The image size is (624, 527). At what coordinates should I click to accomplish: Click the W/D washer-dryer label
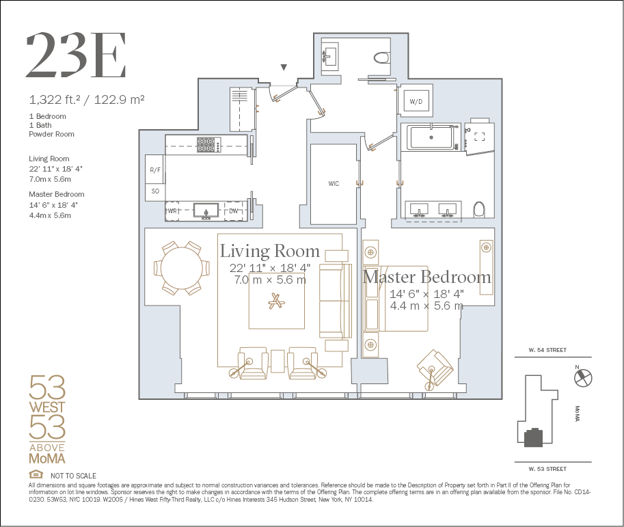tap(416, 102)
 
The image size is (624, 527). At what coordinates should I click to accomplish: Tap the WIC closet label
tap(334, 183)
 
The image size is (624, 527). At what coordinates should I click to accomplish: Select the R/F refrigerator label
tap(155, 170)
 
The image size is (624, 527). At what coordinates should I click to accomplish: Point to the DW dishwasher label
tap(234, 211)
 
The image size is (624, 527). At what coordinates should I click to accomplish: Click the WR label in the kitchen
tap(172, 211)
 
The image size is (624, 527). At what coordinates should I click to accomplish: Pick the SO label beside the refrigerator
tap(155, 191)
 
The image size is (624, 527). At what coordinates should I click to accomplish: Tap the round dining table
tap(182, 268)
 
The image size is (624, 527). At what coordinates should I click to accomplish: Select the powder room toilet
tap(381, 57)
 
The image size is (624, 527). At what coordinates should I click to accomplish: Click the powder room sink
tap(329, 57)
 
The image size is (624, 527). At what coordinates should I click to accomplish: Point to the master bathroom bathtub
tap(431, 137)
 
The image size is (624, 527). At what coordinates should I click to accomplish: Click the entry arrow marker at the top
tap(284, 67)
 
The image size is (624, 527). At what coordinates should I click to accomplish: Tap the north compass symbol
tap(583, 377)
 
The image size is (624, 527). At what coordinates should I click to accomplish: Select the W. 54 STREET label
tap(547, 350)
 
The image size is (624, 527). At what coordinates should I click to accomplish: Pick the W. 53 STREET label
tap(547, 469)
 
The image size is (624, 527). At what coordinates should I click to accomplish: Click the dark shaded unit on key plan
tap(533, 437)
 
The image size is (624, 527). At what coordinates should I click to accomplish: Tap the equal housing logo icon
tap(36, 474)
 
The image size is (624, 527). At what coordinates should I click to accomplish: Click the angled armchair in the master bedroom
tap(435, 368)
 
